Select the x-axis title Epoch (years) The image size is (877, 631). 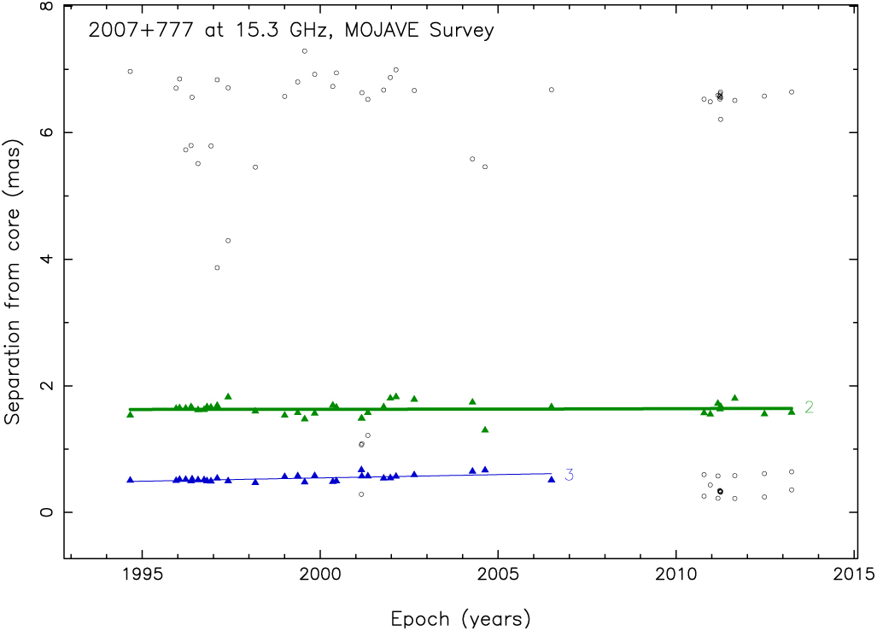pyautogui.click(x=460, y=617)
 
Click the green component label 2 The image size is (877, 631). pyautogui.click(x=809, y=407)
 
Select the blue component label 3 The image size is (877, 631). pyautogui.click(x=569, y=475)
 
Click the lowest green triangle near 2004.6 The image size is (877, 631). pyautogui.click(x=485, y=429)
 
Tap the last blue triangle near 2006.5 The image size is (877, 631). pyautogui.click(x=552, y=479)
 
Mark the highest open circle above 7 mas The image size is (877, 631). pyautogui.click(x=305, y=51)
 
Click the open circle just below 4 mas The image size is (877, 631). pyautogui.click(x=217, y=268)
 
